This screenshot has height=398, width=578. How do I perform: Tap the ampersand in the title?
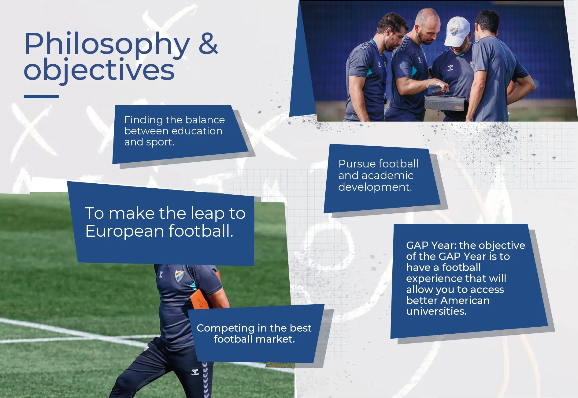(x=208, y=43)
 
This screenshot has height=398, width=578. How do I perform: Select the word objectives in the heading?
(x=99, y=70)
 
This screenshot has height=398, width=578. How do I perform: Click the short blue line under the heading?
(x=41, y=96)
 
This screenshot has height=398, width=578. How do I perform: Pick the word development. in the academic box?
(x=375, y=187)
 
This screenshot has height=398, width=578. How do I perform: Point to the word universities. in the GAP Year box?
(x=436, y=311)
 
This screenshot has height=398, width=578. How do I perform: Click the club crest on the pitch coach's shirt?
(x=179, y=276)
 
